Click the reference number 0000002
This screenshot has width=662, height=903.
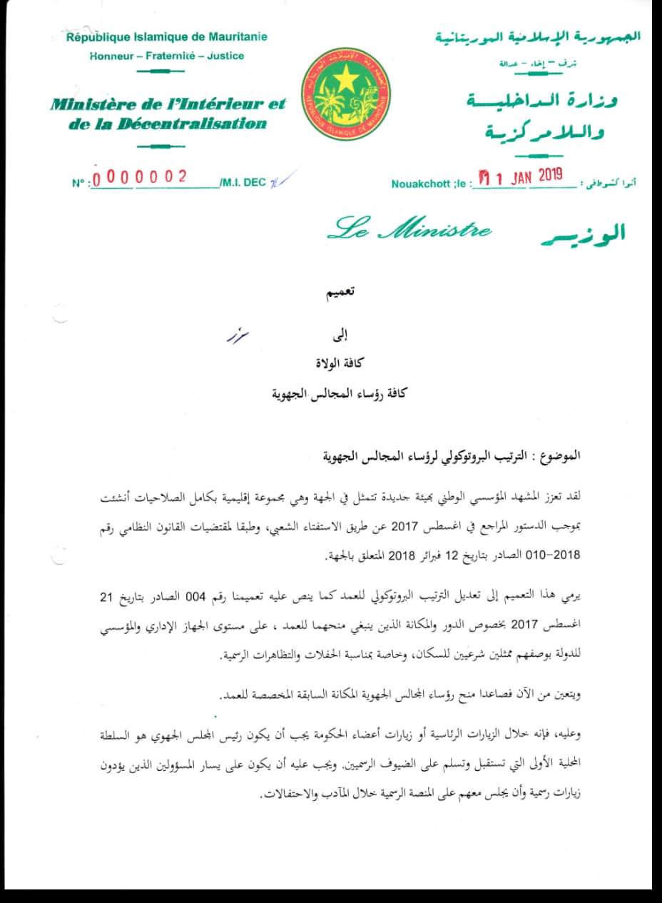140,178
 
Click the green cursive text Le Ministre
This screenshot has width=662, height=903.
409,230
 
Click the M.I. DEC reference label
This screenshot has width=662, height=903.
243,183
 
